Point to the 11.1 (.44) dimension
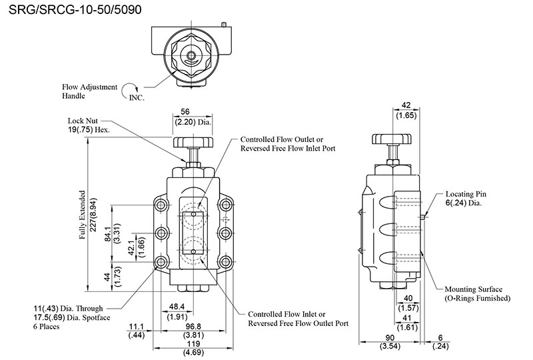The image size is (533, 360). (x=137, y=331)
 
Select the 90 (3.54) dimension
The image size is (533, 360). (x=392, y=342)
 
